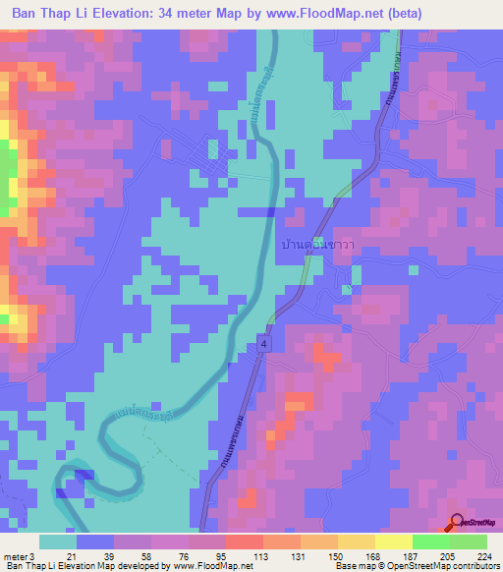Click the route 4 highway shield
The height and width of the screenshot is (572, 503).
tap(264, 339)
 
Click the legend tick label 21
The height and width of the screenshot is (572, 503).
tap(73, 555)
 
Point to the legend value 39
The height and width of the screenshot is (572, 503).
tap(109, 555)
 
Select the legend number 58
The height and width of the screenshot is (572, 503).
tap(145, 555)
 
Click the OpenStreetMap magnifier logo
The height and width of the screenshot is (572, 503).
tap(456, 523)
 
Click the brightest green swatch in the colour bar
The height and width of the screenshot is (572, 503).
tap(430, 542)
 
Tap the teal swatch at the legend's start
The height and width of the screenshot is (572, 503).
tap(58, 542)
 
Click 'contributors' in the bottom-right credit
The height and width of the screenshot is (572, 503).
tap(474, 567)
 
